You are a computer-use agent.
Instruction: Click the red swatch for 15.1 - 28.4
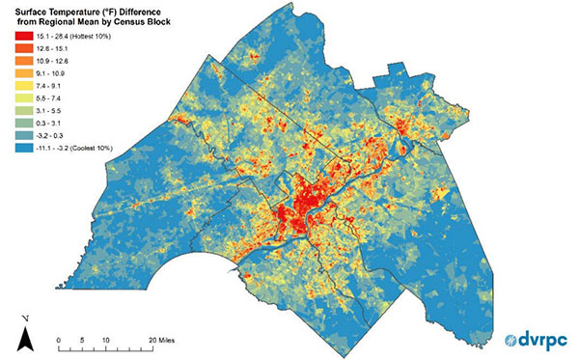tap(17, 34)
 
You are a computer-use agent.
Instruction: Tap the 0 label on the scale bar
tap(59, 341)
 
